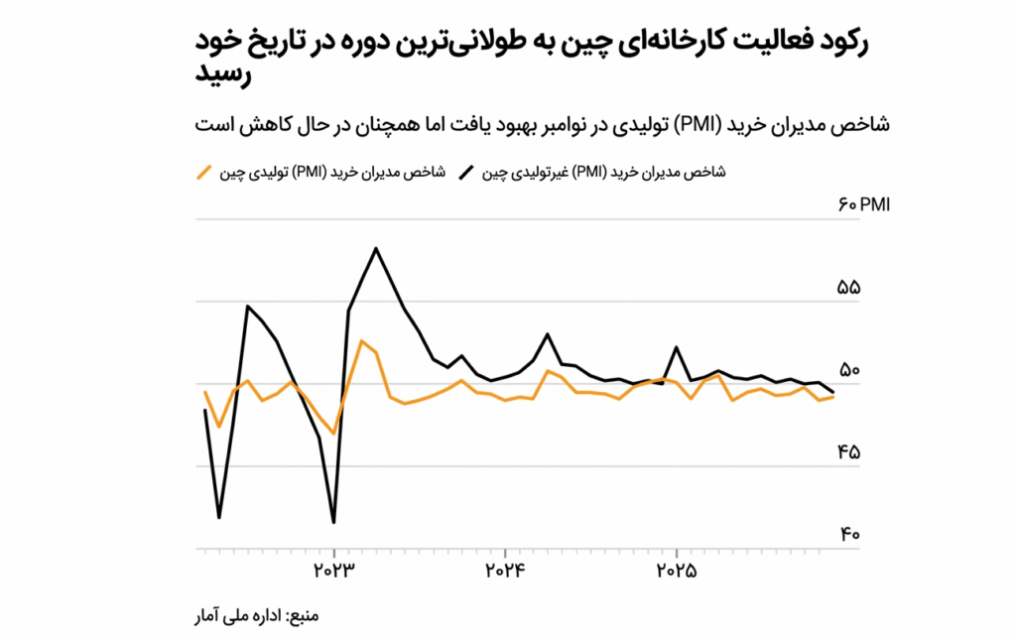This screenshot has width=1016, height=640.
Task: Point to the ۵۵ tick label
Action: tap(849, 288)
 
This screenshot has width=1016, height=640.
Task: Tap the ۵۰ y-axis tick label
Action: tap(849, 370)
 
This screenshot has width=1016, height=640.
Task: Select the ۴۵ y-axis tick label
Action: tap(849, 452)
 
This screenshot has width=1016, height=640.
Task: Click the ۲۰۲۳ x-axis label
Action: tap(335, 571)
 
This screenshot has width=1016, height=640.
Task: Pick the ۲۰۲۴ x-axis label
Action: tap(506, 571)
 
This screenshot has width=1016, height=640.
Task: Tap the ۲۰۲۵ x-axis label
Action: tap(677, 571)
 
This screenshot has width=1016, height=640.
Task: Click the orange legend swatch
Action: tap(205, 173)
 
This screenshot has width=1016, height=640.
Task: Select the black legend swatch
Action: tap(465, 173)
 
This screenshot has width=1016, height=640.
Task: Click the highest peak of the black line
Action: tap(375, 248)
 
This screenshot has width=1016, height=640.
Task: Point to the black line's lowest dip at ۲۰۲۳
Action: tap(334, 522)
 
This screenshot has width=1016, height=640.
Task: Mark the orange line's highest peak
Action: tap(362, 341)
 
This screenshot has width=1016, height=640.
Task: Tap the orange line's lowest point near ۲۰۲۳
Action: tap(334, 434)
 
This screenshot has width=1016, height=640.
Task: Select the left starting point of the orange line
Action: tap(205, 392)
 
